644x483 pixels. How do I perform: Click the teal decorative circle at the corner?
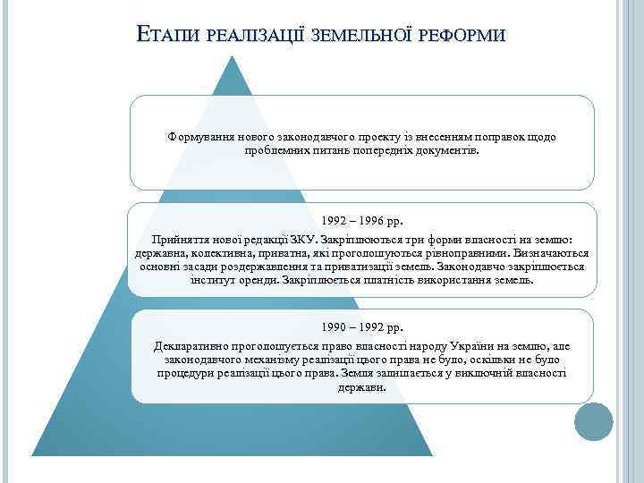593,422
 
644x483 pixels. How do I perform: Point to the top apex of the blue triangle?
234,56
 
